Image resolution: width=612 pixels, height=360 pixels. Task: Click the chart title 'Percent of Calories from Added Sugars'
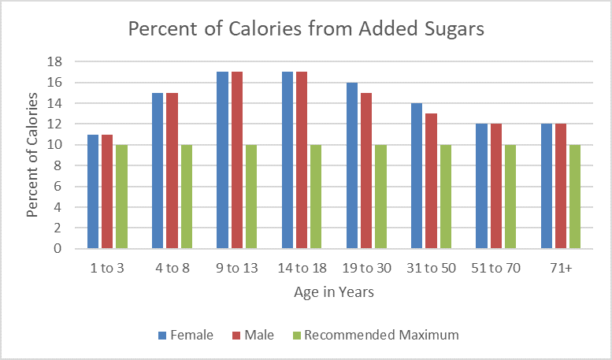306,30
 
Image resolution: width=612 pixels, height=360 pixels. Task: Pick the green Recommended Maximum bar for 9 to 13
250,197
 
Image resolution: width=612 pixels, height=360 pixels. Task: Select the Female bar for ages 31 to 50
416,176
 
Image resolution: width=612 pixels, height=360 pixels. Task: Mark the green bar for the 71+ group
573,197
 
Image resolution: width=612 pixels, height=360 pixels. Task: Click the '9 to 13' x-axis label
236,268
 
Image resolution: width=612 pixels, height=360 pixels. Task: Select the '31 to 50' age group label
430,268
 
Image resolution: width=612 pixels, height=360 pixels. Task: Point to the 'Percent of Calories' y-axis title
33,155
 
